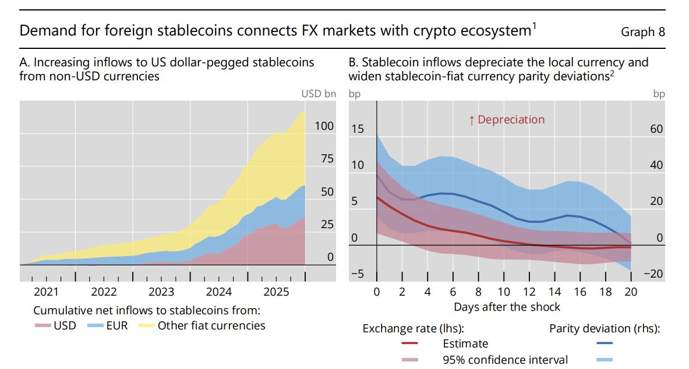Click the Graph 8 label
(643, 31)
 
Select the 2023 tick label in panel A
(161, 292)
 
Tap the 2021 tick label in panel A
(46, 292)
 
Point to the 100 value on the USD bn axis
(324, 126)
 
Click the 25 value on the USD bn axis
(327, 225)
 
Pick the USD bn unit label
(319, 94)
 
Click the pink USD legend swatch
(43, 326)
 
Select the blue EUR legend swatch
(96, 326)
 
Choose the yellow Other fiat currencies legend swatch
(147, 326)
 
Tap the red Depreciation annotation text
(507, 119)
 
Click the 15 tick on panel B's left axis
(358, 129)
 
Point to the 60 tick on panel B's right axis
(656, 129)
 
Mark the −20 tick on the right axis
(653, 274)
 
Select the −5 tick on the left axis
(358, 274)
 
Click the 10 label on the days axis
(504, 292)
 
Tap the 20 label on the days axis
(631, 292)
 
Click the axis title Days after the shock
(507, 307)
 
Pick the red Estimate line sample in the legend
(410, 343)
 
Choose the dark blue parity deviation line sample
(604, 343)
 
